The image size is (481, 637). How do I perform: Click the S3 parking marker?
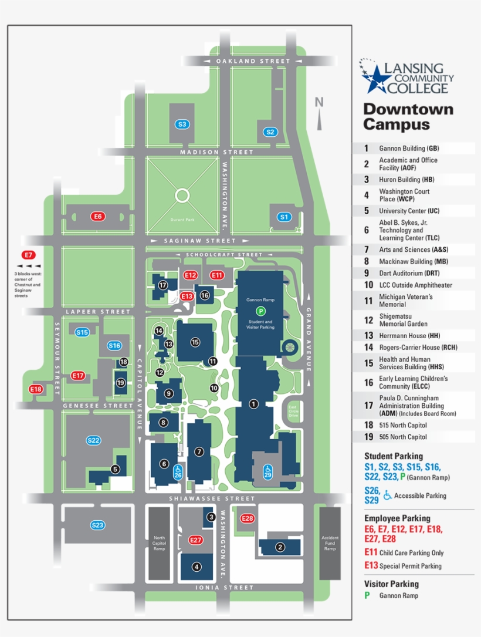182,124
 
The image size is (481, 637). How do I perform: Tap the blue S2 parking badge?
270,132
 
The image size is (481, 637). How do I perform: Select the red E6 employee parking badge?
98,217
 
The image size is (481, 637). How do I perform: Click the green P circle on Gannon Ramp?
260,311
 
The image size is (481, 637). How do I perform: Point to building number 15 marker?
195,342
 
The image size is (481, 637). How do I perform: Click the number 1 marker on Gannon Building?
253,403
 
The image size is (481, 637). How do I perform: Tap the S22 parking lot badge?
94,440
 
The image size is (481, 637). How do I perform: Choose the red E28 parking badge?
248,518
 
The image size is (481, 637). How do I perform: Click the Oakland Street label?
253,61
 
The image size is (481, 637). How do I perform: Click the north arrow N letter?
319,102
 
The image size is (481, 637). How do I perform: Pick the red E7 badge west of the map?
28,255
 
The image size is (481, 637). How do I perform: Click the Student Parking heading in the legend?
393,456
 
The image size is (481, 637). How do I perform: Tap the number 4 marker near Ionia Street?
197,567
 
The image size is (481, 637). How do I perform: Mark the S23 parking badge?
97,525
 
